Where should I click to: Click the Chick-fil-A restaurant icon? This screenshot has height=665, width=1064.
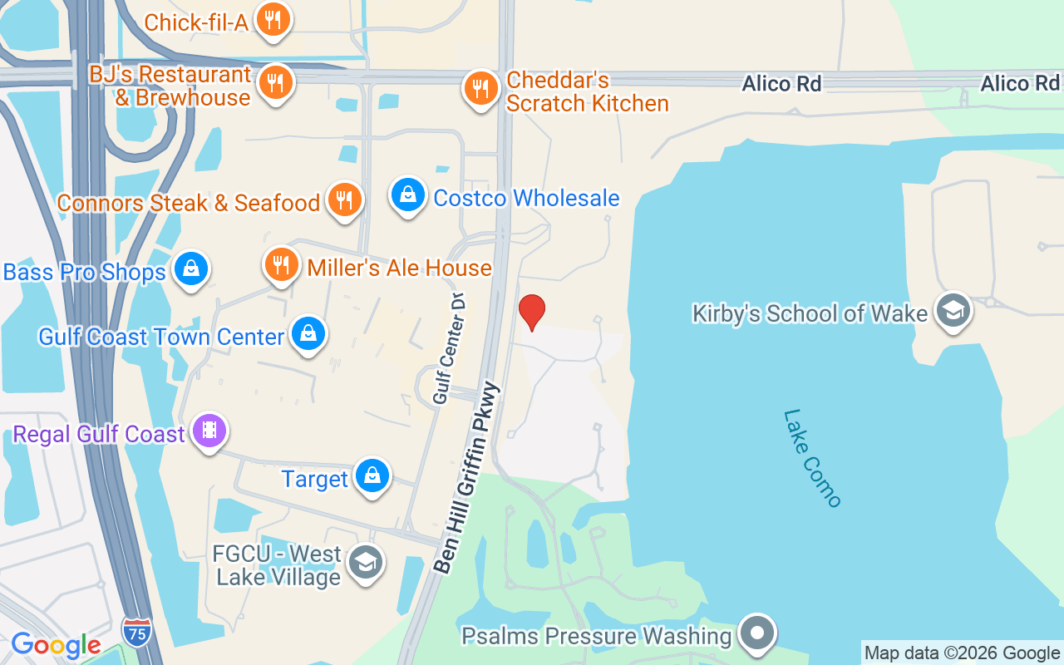272,21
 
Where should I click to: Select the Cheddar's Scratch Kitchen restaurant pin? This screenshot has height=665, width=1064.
480,87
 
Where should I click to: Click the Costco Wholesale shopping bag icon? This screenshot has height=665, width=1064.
407,196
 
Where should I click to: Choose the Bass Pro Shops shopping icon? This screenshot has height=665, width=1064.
191,269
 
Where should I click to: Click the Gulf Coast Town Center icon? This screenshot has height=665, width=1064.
308,335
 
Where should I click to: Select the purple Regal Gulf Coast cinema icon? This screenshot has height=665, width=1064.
209,431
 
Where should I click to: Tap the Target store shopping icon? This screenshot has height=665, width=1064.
372,476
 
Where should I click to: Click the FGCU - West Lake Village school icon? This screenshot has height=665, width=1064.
364,564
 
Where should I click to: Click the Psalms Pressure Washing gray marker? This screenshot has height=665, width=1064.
756,634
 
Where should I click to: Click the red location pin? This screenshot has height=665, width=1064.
531,312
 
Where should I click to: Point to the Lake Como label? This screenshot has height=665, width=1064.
812,457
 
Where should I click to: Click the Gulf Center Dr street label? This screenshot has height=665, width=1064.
449,347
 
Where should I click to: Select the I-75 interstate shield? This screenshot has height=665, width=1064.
135,629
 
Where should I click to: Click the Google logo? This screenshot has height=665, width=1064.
56,645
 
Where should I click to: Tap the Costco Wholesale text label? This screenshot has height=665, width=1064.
526,198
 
